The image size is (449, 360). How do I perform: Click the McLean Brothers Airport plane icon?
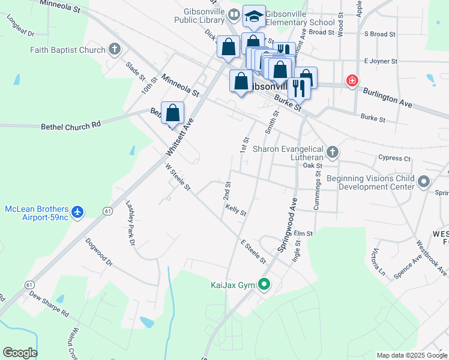point(77,212)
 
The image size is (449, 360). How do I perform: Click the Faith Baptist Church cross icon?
point(115,50)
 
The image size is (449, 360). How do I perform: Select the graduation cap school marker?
point(254,17)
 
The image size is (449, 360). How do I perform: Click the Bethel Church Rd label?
point(71,127)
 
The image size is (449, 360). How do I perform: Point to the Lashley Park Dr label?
point(130,222)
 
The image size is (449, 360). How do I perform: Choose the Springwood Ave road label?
point(287,225)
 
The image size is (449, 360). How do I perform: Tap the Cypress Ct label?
point(394,158)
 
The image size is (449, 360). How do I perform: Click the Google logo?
point(20,353)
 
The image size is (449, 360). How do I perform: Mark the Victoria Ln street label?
point(378,262)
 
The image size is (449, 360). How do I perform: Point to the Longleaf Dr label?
point(21,26)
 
